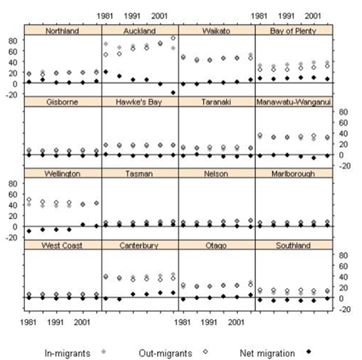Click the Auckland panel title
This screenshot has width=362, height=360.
click(139, 31)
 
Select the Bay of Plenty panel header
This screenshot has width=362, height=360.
click(293, 31)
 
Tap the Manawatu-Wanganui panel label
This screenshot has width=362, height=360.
click(294, 102)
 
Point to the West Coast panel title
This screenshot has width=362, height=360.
click(62, 246)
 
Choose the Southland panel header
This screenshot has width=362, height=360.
click(293, 246)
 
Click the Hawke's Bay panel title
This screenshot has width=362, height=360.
click(139, 102)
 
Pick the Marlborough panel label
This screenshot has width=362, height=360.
click(293, 174)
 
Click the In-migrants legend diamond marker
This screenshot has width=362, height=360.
click(104, 352)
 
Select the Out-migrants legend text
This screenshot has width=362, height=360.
click(165, 353)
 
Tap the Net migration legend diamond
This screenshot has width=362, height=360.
click(308, 352)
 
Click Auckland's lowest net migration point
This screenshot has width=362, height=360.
click(173, 92)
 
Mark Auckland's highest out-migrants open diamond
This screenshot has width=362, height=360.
click(173, 38)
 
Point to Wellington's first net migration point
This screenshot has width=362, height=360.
click(29, 231)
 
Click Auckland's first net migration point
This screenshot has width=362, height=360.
click(106, 72)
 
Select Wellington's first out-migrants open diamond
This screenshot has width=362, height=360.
click(29, 199)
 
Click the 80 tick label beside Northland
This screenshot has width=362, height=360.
click(13, 40)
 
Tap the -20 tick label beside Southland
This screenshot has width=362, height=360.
click(344, 309)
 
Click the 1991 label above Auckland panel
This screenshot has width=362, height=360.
click(132, 16)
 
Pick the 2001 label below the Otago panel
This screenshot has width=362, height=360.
click(236, 322)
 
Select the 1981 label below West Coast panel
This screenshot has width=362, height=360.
click(28, 322)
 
